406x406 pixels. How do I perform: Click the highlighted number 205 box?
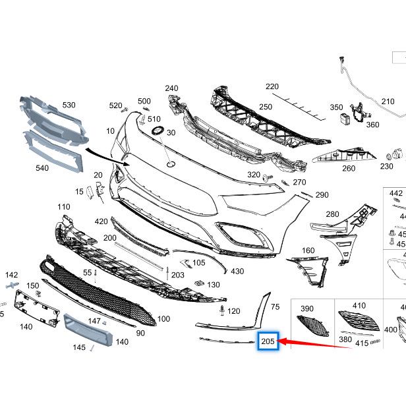click(x=268, y=341)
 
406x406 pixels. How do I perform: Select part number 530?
click(x=69, y=105)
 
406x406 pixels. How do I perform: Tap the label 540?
click(x=42, y=168)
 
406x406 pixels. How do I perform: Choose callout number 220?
click(x=272, y=86)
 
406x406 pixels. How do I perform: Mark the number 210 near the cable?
click(x=388, y=101)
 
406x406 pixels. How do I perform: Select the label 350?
click(x=336, y=107)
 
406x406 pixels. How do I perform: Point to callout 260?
click(x=349, y=168)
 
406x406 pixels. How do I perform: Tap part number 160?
click(x=308, y=250)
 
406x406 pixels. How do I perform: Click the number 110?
click(x=63, y=207)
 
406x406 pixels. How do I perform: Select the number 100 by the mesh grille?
click(x=163, y=319)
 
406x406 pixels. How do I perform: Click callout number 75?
click(x=275, y=306)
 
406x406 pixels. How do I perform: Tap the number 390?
click(x=307, y=308)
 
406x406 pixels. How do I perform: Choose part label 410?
click(x=359, y=306)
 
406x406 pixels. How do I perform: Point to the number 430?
click(x=237, y=271)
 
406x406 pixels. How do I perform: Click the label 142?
click(x=12, y=274)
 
